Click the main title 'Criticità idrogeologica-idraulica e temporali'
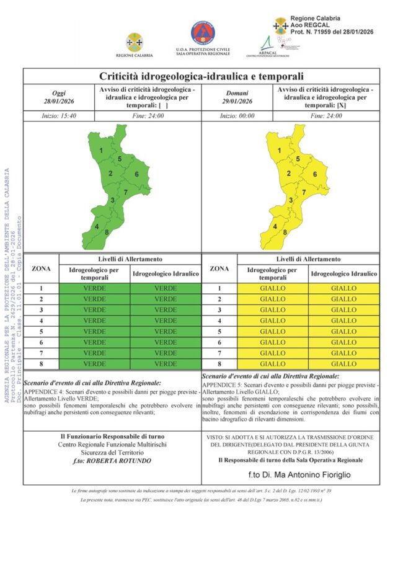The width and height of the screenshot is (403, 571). (201, 77)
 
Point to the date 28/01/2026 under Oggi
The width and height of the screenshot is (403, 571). (59, 102)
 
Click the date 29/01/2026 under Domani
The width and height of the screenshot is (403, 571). (236, 102)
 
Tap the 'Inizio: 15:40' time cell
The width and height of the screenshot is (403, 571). (59, 116)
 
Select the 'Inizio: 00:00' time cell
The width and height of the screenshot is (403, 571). (236, 116)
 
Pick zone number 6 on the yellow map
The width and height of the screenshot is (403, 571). (315, 174)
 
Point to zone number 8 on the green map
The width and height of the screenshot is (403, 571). (107, 232)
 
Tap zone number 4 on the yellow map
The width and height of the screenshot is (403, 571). (275, 226)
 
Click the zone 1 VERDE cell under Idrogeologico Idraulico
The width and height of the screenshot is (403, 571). (166, 288)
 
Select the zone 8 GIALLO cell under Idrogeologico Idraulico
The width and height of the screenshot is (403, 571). (343, 364)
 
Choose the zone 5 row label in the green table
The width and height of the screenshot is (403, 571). (41, 332)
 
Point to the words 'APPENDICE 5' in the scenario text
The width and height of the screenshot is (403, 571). (222, 384)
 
